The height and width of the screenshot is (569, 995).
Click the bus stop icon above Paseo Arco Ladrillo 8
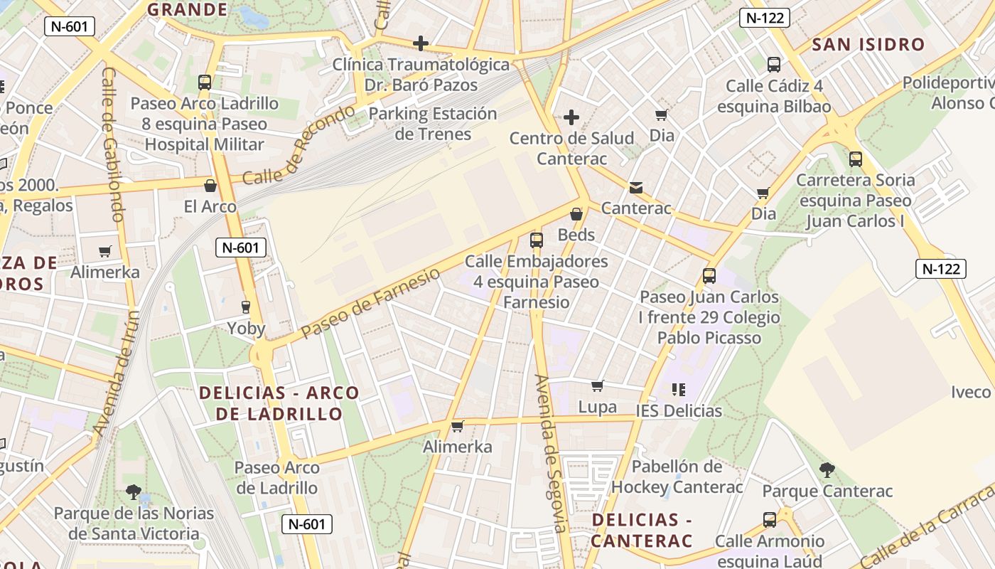(x=205, y=83)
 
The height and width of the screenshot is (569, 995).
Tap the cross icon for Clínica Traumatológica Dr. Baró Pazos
(x=421, y=43)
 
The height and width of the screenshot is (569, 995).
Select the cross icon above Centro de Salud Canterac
(x=571, y=117)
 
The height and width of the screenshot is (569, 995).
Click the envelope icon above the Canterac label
(x=636, y=188)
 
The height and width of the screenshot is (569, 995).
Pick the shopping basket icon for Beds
(x=576, y=214)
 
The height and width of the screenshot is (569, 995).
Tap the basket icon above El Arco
(x=210, y=186)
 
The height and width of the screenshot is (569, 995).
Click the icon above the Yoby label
(x=246, y=307)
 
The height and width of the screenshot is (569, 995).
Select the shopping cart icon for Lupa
(x=598, y=386)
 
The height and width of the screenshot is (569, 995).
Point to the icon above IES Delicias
(x=679, y=390)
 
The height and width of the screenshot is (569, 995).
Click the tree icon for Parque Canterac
(x=827, y=470)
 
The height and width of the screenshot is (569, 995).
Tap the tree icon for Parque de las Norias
(x=134, y=492)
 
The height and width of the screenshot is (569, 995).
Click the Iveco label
(x=971, y=392)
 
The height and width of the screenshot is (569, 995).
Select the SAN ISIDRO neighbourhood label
(x=868, y=45)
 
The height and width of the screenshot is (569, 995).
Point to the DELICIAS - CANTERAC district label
(x=642, y=530)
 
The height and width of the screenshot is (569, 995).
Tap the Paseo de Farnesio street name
(x=370, y=304)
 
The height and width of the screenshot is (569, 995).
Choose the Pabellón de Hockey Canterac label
(x=677, y=477)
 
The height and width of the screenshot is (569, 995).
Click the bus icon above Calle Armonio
(x=770, y=520)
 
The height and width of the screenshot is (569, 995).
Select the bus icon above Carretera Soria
(x=856, y=159)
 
